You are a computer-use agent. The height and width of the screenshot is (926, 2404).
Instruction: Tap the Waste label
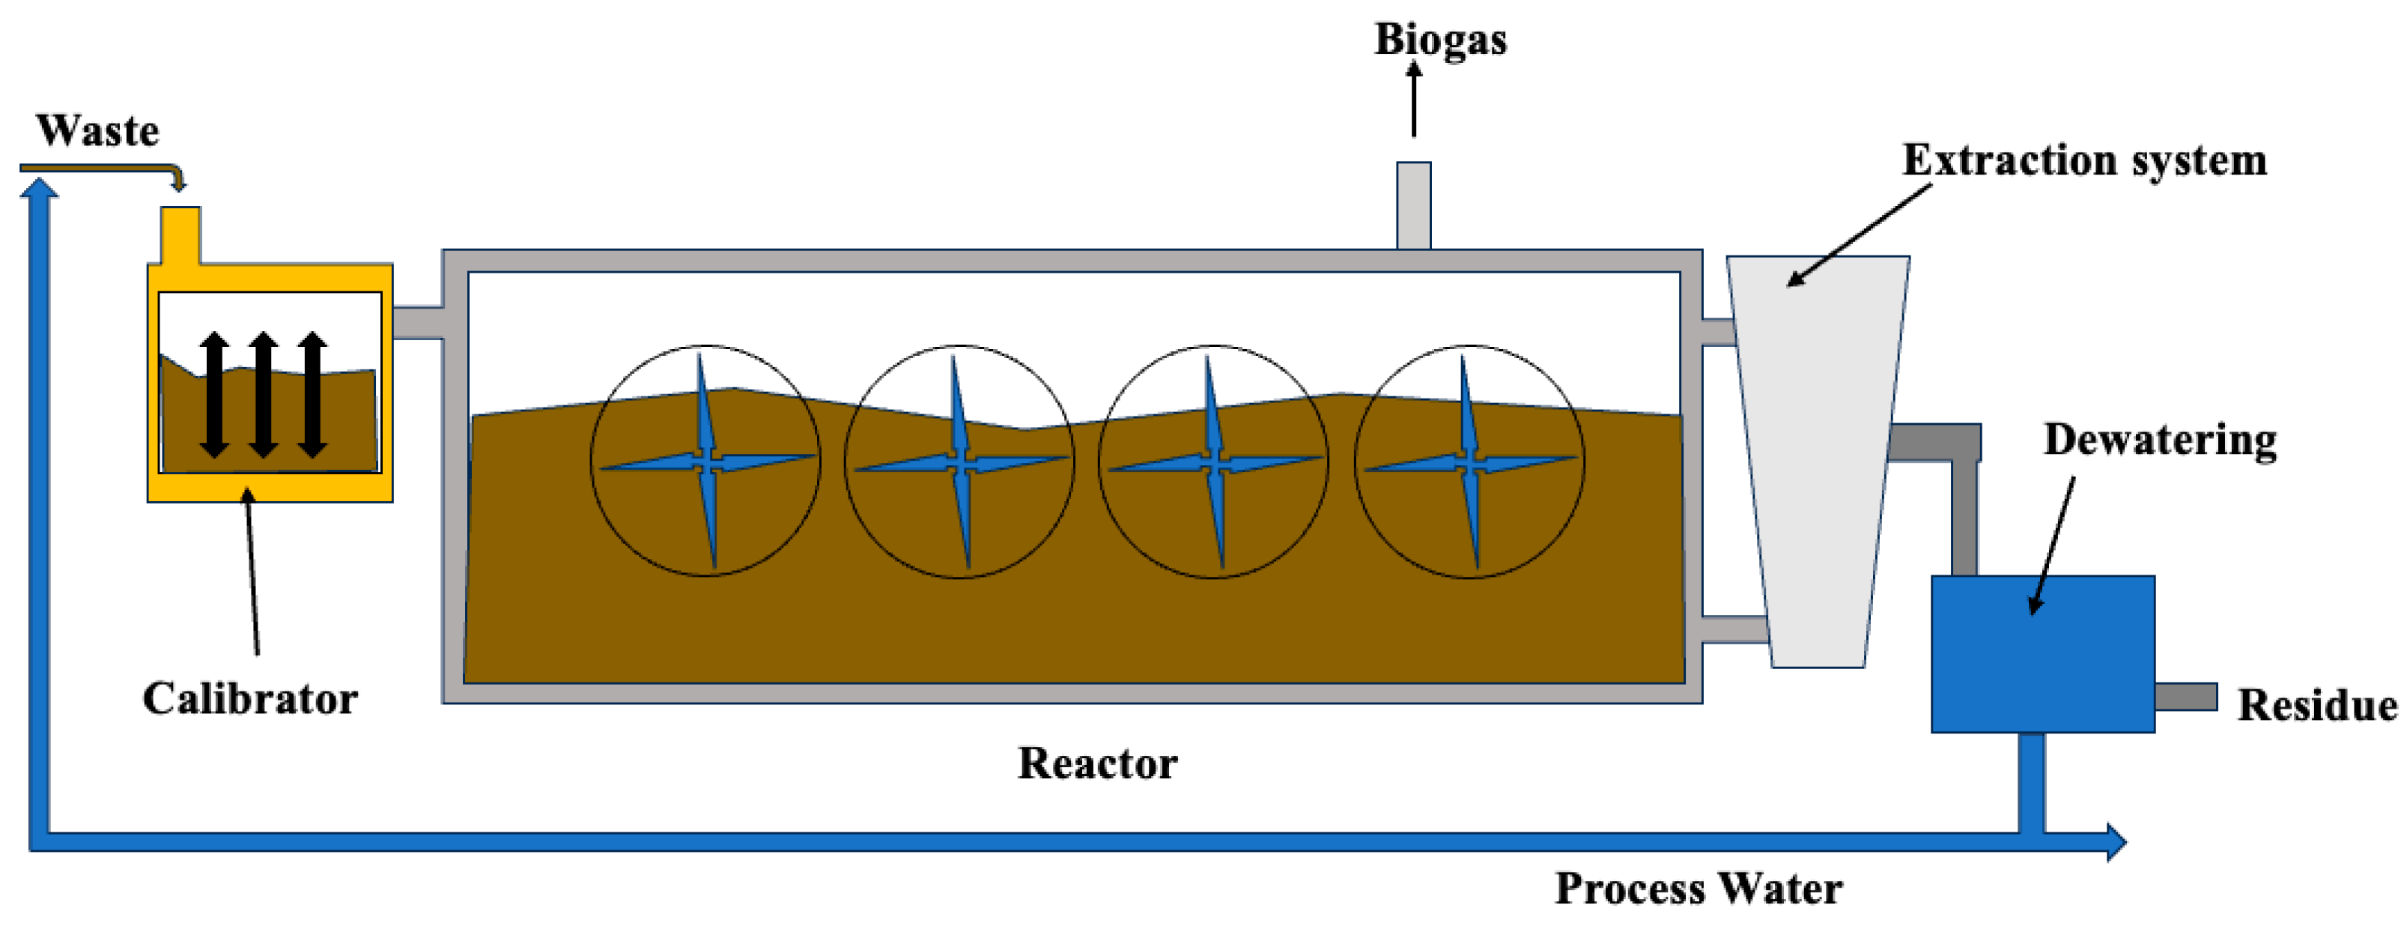click(x=97, y=130)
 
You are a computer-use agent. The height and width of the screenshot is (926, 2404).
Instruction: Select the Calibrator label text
click(x=249, y=699)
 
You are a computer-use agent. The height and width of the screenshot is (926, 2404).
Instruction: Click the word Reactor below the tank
click(x=1096, y=763)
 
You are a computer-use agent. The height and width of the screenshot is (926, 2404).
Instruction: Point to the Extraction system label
click(x=2084, y=160)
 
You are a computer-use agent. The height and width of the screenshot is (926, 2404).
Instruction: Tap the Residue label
click(x=2316, y=706)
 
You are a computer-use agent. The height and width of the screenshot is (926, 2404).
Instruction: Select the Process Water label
click(x=1698, y=888)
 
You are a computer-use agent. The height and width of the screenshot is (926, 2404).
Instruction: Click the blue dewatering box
click(x=2042, y=654)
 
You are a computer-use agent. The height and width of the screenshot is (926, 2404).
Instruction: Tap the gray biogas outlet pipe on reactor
click(x=1413, y=205)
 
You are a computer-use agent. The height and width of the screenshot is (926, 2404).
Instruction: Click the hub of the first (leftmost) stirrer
click(x=708, y=462)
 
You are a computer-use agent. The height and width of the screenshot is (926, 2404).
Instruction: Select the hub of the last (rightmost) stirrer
click(x=1469, y=462)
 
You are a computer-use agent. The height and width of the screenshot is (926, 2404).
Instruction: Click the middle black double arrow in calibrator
click(x=263, y=394)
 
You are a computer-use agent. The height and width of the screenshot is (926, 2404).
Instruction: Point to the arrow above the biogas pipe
click(x=1414, y=99)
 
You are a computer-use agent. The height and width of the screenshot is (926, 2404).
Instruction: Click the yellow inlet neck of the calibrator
click(x=181, y=233)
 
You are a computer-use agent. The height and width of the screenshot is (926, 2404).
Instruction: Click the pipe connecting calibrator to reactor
click(x=417, y=322)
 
